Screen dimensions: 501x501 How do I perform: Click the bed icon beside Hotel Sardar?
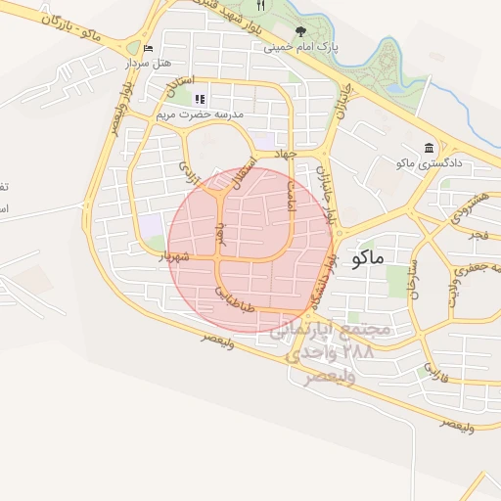(x=148, y=48)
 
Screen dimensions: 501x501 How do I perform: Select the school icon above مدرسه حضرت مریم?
(x=201, y=99)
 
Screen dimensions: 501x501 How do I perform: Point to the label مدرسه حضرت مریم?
(x=201, y=114)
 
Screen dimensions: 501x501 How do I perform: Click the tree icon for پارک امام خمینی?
(x=300, y=31)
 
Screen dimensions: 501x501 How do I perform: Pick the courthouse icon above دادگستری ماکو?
(x=429, y=148)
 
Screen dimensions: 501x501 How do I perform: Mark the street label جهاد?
(x=285, y=155)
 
